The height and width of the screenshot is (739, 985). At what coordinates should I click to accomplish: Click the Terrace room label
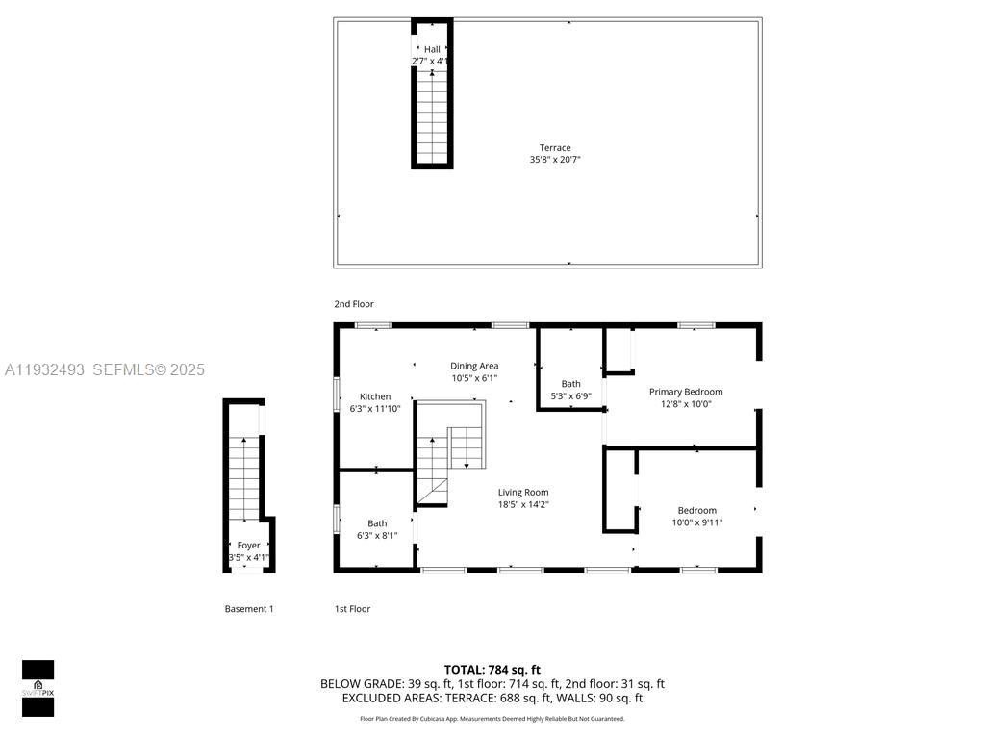[x=554, y=148]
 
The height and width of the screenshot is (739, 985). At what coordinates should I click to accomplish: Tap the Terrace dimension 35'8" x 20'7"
[x=554, y=160]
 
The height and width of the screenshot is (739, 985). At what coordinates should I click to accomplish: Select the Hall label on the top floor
[x=432, y=49]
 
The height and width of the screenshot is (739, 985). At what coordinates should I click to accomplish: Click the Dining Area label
[x=474, y=366]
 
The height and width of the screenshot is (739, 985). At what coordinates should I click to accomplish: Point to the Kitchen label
[x=375, y=396]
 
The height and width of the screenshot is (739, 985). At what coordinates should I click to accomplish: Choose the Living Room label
[x=523, y=493]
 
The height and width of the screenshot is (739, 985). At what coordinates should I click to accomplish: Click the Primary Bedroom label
[x=685, y=392]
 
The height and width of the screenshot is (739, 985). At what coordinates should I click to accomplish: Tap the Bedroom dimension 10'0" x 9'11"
[x=696, y=522]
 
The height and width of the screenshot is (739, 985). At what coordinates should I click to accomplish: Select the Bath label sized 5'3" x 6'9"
[x=570, y=384]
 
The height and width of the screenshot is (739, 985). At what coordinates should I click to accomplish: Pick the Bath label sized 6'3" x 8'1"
[x=377, y=524]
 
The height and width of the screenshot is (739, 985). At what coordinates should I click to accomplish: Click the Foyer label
[x=248, y=546]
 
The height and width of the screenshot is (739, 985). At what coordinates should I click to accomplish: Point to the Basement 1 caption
[x=249, y=609]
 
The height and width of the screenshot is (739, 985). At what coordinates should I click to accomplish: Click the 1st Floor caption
[x=352, y=609]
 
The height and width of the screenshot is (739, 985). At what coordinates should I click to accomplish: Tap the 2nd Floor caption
[x=354, y=304]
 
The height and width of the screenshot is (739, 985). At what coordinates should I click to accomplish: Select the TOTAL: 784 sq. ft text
[x=492, y=670]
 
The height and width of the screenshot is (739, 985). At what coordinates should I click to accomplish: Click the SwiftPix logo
[x=38, y=688]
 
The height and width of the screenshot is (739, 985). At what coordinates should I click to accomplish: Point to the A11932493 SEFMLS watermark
[x=105, y=369]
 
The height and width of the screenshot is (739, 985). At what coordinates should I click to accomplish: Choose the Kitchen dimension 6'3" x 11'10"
[x=375, y=409]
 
